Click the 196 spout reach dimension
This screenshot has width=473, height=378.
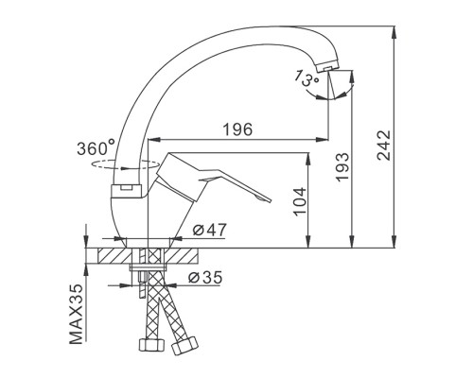(237, 129)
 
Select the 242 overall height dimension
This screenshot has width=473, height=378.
(384, 146)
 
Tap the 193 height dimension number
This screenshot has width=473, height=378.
(342, 167)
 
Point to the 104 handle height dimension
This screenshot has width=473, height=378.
(300, 201)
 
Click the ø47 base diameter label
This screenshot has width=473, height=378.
(210, 231)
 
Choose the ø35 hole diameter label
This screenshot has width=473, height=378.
(205, 277)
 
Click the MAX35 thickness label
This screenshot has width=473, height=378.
(76, 314)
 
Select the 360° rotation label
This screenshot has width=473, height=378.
(96, 148)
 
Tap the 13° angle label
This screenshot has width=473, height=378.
(307, 78)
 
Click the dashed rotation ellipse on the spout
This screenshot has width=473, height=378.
(124, 164)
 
